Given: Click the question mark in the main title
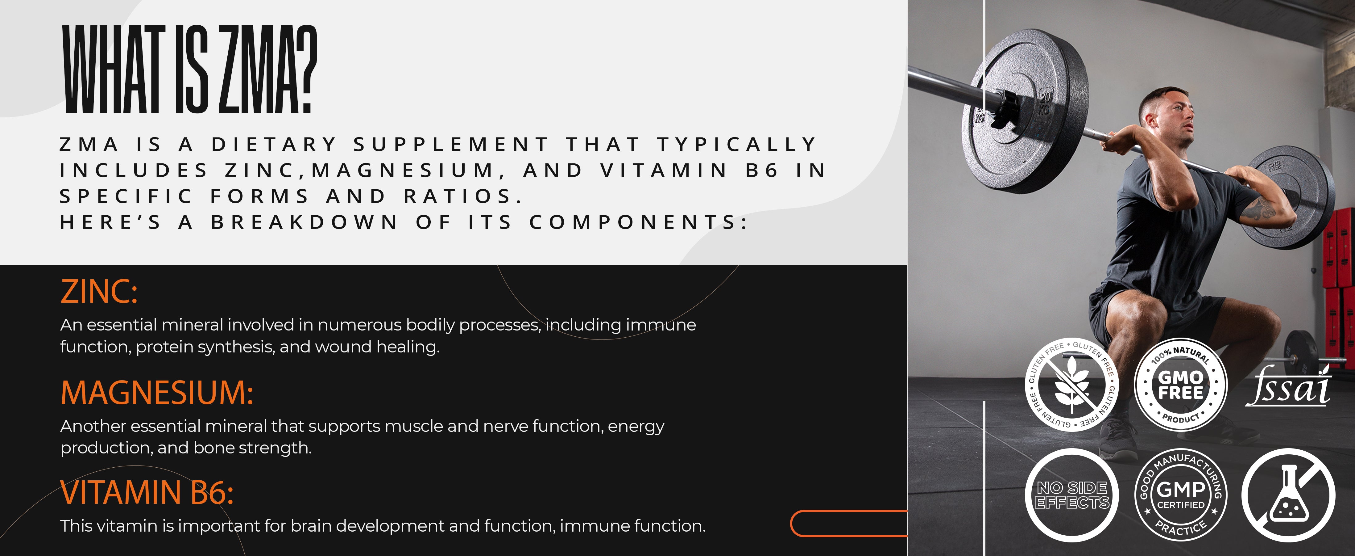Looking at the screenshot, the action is pyautogui.click(x=304, y=69).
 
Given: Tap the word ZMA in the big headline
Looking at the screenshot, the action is pyautogui.click(x=254, y=69).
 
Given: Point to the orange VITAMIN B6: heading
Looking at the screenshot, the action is pyautogui.click(x=147, y=492).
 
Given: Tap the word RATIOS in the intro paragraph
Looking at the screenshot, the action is pyautogui.click(x=458, y=196).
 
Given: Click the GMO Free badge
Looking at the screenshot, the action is pyautogui.click(x=1180, y=384).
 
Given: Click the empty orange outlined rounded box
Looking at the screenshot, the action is pyautogui.click(x=848, y=523).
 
